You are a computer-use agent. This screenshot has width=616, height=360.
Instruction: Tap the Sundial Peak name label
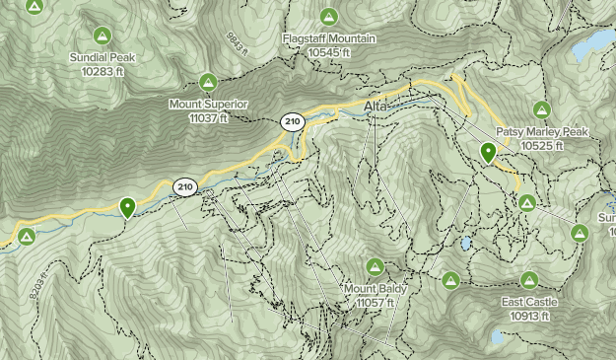tap(103, 57)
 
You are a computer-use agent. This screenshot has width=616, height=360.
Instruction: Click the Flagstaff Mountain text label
tap(329, 37)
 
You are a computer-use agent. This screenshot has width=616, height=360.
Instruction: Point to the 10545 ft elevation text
tap(329, 51)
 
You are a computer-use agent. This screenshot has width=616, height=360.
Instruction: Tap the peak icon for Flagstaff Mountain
tap(329, 17)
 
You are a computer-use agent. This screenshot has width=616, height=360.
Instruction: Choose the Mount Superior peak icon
tap(208, 82)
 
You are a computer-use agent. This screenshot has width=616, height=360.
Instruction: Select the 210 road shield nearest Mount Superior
tap(291, 122)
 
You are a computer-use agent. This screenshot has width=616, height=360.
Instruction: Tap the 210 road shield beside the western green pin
tap(184, 185)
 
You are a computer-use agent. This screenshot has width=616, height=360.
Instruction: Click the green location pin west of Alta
tap(127, 207)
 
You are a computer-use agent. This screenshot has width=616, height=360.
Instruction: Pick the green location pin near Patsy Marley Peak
tap(488, 153)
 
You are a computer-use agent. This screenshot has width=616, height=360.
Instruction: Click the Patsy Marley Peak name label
tap(541, 131)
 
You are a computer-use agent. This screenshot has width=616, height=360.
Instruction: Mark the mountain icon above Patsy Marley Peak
tap(540, 109)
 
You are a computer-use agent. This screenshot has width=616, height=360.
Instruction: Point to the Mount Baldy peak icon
tap(375, 266)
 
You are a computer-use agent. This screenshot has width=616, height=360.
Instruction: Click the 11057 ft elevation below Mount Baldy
tap(375, 302)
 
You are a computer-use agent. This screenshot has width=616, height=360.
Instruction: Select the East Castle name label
tap(530, 302)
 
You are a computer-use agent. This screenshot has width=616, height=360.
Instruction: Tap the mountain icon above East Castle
tap(530, 280)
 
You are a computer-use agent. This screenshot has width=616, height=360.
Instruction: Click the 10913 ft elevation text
tap(530, 316)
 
